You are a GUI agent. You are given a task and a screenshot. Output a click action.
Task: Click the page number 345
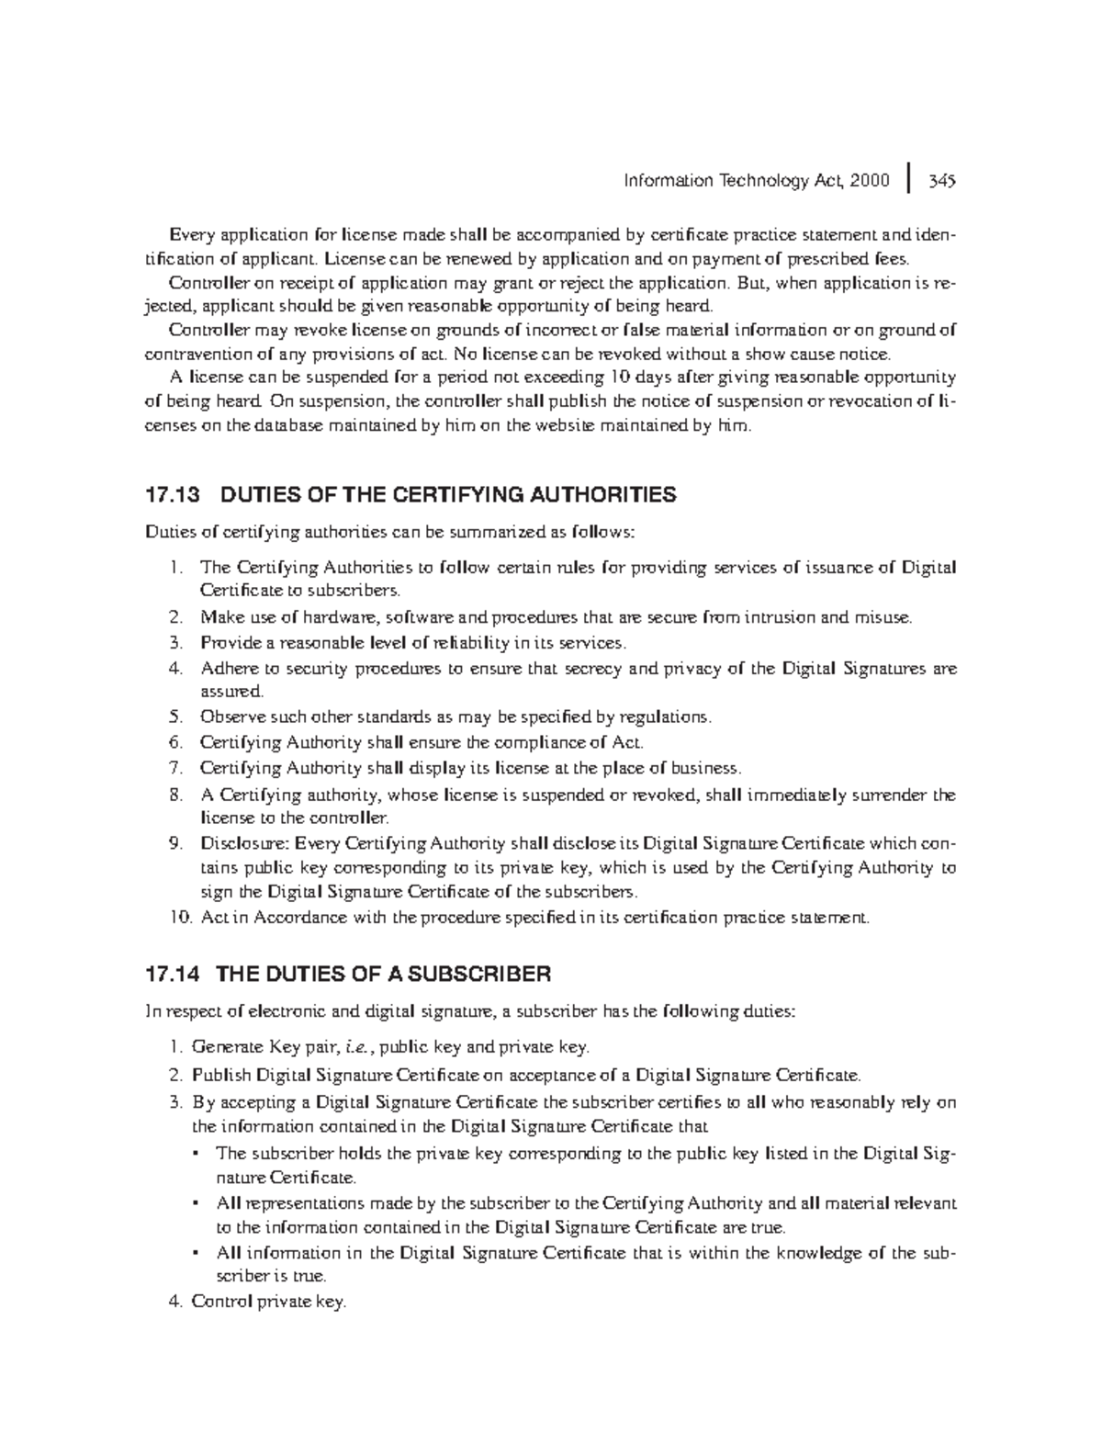click(x=942, y=181)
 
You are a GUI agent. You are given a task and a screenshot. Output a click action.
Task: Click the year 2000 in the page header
click(x=870, y=181)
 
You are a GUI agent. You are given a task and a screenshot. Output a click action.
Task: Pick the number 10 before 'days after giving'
click(x=595, y=378)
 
